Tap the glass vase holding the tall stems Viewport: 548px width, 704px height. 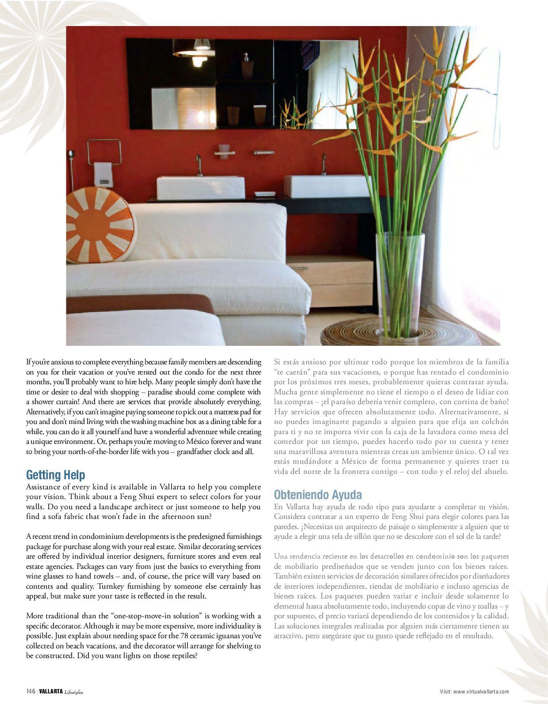coord(400,283)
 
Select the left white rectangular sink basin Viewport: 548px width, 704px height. coord(201,187)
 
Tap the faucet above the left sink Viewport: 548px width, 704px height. coord(199,165)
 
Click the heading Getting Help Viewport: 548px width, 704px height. coord(56,475)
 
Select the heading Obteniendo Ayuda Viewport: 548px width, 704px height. coord(318,494)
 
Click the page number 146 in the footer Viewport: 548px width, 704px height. coord(30,692)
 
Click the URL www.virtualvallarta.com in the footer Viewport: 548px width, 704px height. coord(481,692)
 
